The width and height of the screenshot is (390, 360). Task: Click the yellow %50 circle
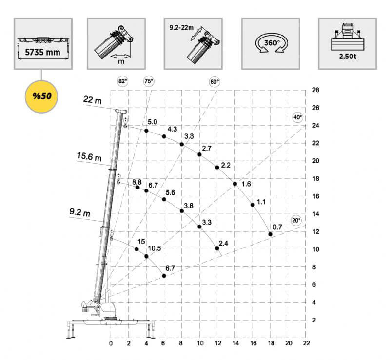click(x=41, y=96)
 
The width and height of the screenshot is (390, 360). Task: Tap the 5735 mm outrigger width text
click(x=42, y=52)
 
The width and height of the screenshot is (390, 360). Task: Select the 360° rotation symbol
click(x=272, y=43)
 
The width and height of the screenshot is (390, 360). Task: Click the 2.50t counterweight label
click(x=348, y=57)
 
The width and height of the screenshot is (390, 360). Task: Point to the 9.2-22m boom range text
click(x=181, y=28)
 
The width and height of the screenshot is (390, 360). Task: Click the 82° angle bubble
click(x=123, y=81)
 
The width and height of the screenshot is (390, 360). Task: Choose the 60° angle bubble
click(x=214, y=82)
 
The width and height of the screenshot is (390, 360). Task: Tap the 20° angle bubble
click(x=296, y=220)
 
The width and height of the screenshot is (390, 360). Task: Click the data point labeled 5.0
click(x=146, y=131)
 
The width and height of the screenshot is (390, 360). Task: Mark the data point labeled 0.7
click(x=271, y=234)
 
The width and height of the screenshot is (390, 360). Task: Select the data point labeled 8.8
click(x=137, y=187)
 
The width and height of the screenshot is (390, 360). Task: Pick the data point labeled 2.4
click(x=217, y=248)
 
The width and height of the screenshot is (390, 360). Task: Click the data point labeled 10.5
click(x=146, y=256)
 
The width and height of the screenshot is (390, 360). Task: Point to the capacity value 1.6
click(x=246, y=184)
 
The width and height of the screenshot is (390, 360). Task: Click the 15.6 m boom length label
click(x=89, y=157)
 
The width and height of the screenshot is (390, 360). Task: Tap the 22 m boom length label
click(x=92, y=100)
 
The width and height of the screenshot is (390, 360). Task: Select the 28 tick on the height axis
click(x=315, y=90)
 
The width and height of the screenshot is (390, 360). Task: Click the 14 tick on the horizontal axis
click(x=235, y=343)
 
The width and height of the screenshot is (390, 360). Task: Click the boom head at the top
click(x=121, y=111)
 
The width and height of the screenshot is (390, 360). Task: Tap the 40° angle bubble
click(x=297, y=117)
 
